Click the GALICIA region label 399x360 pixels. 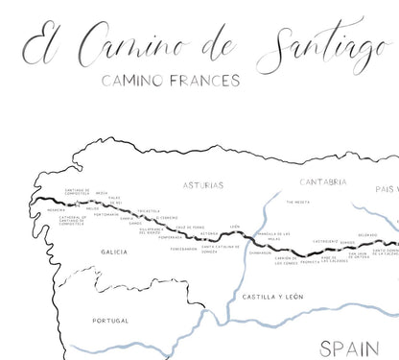point(113,252)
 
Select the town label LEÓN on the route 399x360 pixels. point(233,228)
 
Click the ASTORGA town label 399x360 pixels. point(210,233)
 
